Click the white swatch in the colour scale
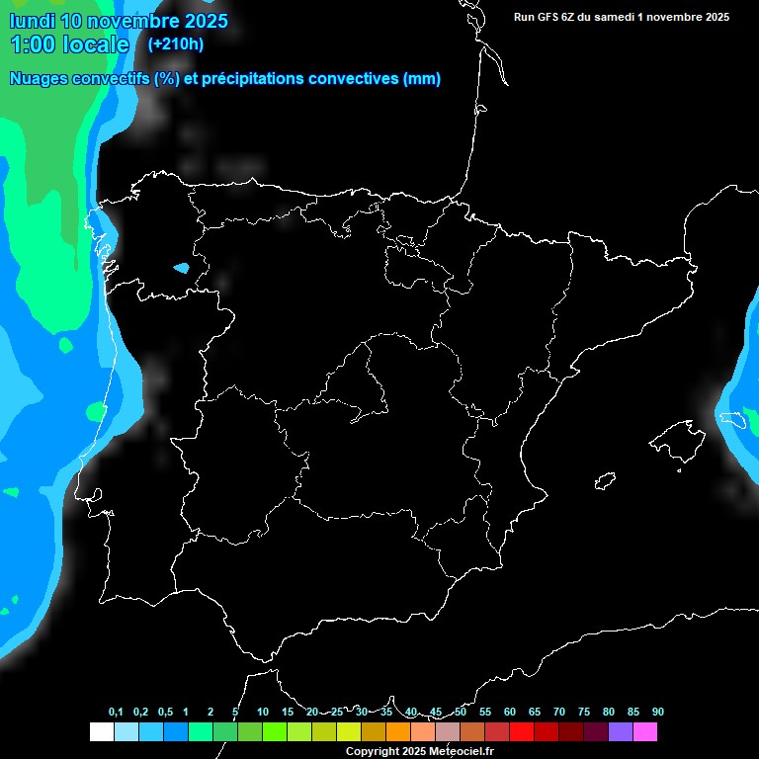[x=101, y=731]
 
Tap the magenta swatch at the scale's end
[x=645, y=731]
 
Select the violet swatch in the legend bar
[x=621, y=731]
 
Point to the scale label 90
[x=658, y=712]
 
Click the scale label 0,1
[x=116, y=712]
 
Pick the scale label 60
[x=510, y=712]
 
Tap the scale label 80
[x=609, y=712]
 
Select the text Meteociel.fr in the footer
[x=463, y=751]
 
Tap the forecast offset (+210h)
[x=175, y=43]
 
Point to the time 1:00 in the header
[x=32, y=44]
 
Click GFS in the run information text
[x=548, y=17]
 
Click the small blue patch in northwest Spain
[x=181, y=267]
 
